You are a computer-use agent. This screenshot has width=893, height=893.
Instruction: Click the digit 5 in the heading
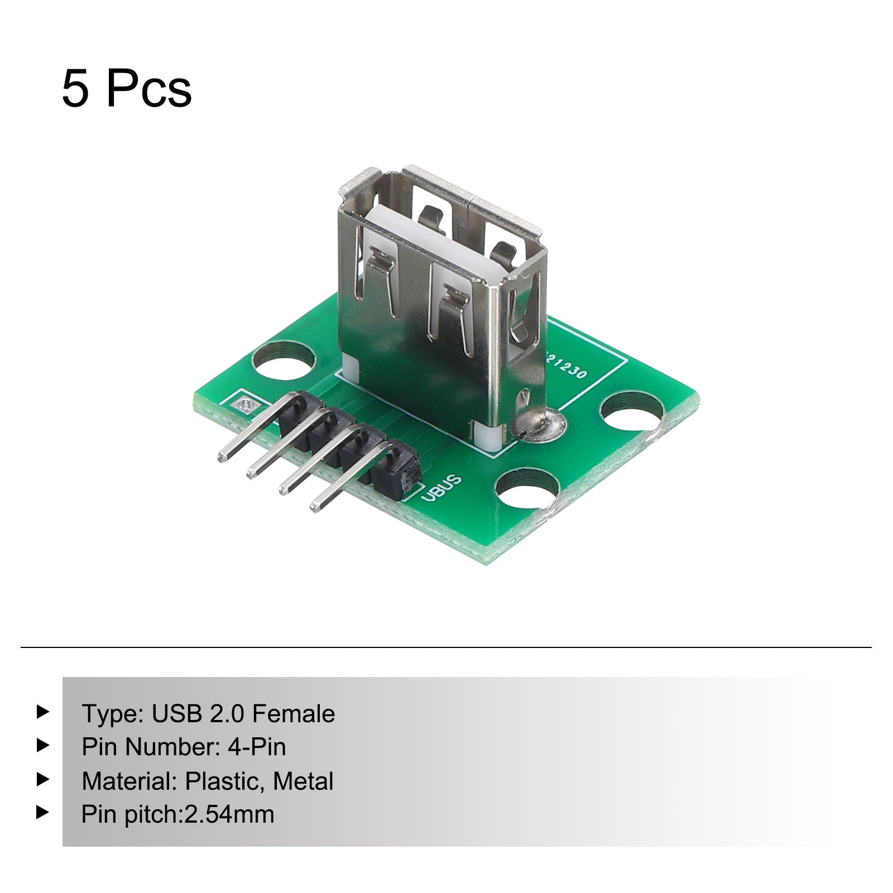click(x=75, y=89)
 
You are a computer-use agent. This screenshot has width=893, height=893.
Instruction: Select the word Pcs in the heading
click(x=149, y=89)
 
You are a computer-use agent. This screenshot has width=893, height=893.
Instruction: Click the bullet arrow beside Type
click(x=43, y=712)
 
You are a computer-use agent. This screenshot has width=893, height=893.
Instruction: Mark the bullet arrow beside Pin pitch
click(x=43, y=812)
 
